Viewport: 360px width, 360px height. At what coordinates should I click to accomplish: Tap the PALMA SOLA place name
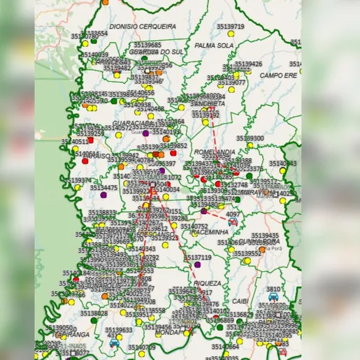click(214, 45)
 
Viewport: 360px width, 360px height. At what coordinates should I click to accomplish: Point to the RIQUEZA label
click(208, 283)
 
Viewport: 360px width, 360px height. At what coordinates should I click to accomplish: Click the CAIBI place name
click(240, 301)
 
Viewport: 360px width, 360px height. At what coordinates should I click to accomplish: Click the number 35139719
click(231, 27)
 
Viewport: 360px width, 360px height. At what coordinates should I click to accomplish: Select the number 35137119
click(197, 257)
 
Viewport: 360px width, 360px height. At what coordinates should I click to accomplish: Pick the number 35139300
click(250, 138)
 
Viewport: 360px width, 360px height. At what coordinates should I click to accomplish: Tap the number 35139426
click(248, 64)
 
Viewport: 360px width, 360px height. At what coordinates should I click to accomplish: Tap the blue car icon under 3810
click(273, 297)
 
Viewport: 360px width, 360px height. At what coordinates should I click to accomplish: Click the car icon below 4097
click(233, 222)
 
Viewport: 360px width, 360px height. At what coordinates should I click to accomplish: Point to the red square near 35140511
click(90, 141)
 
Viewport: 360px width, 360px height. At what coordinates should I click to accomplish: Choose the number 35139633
click(119, 330)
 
